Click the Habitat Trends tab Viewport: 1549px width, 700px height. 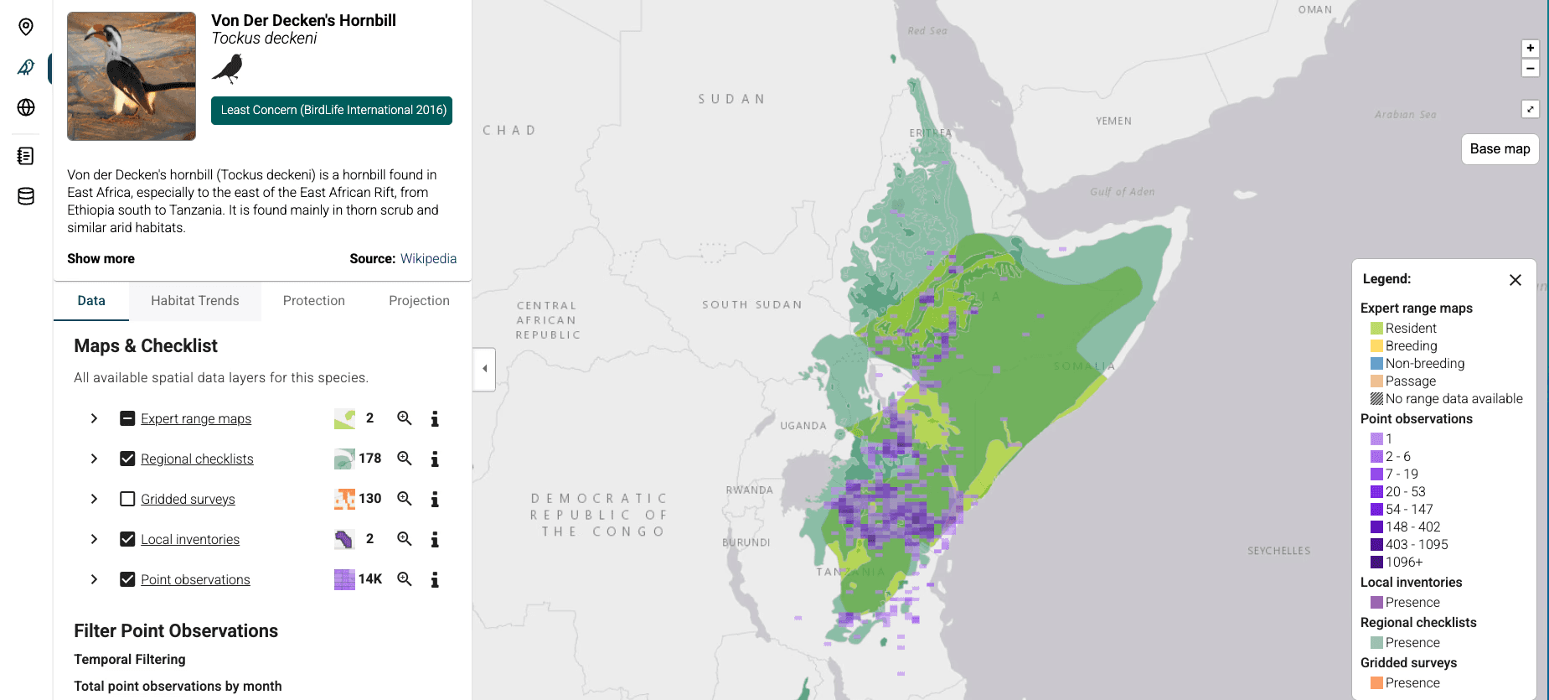[x=194, y=301]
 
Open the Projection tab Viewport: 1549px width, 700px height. [x=419, y=301]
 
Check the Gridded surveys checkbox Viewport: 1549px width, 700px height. [x=127, y=499]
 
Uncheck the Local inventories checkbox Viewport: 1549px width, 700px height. [x=127, y=539]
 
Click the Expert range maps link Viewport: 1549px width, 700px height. [x=195, y=418]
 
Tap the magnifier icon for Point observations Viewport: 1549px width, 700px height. [x=405, y=579]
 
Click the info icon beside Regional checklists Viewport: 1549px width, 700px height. [x=435, y=459]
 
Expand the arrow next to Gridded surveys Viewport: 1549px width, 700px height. [x=94, y=499]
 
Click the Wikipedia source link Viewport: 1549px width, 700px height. [x=428, y=258]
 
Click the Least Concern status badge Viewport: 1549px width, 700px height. [x=332, y=110]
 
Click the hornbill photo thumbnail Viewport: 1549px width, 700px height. [x=132, y=76]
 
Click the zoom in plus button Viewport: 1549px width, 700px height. [x=1530, y=49]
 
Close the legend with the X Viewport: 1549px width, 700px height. [x=1515, y=280]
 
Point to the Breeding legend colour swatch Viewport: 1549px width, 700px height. [x=1376, y=346]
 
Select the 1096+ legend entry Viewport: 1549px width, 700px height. [x=1402, y=562]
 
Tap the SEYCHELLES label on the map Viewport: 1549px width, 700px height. [x=1278, y=551]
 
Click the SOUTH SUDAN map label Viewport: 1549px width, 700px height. [x=751, y=304]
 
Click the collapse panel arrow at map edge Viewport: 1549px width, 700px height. [x=484, y=369]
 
